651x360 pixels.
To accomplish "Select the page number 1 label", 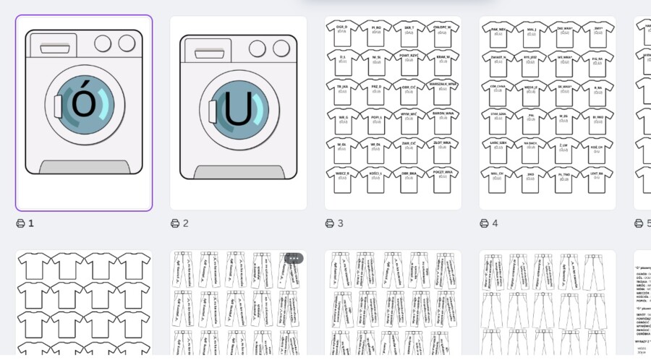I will point(31,223).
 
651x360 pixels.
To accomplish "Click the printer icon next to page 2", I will point(175,223).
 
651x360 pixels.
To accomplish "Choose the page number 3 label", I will point(340,223).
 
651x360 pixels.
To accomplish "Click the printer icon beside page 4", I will point(484,223).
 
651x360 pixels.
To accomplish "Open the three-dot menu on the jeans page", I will point(293,258).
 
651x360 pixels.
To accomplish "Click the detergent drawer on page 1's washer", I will point(59,48).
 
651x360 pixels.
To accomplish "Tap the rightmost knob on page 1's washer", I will point(127,43).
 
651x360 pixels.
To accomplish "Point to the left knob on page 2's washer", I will point(258,49).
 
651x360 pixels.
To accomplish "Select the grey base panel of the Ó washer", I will point(84,167).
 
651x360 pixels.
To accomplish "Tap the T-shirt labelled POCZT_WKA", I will point(443,177).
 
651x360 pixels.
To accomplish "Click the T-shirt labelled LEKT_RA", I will point(597,177).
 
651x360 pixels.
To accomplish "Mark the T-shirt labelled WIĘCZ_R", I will point(341,177).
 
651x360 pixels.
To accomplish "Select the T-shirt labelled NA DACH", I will point(531,148).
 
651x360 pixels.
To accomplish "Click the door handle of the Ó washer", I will point(58,106).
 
